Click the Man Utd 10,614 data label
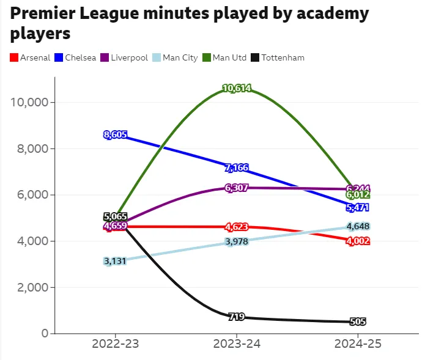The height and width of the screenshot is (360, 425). pos(237,89)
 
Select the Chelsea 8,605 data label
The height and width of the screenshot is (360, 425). pos(115,134)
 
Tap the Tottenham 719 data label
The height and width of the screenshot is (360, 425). pos(237,317)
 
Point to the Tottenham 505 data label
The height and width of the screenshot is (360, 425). pos(358,322)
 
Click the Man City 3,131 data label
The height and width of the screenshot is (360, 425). pos(115,261)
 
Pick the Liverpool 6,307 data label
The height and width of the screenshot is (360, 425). pos(237,188)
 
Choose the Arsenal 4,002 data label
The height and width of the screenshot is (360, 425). pos(358,241)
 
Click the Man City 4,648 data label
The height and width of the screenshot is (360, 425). pos(358,226)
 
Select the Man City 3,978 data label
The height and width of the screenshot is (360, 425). pos(237,242)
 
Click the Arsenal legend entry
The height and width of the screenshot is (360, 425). pos(30,58)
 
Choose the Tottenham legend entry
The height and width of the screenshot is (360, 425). pos(278,58)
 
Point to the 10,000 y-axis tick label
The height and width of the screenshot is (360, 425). pos(30,102)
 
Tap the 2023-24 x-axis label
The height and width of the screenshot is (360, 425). pos(237,344)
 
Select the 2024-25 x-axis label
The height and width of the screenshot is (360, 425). pos(358,344)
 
